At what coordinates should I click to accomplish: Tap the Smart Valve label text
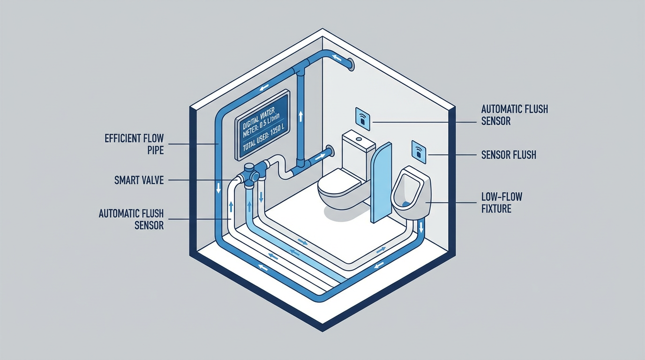[x=139, y=180]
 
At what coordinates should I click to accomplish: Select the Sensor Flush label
[x=509, y=155]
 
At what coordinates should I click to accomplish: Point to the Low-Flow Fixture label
[x=501, y=202]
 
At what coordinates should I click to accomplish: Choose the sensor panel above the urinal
[x=419, y=151]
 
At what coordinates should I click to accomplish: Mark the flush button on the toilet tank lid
[x=358, y=139]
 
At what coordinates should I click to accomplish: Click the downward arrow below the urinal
[x=420, y=228]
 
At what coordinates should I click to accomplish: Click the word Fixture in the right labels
[x=496, y=208]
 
